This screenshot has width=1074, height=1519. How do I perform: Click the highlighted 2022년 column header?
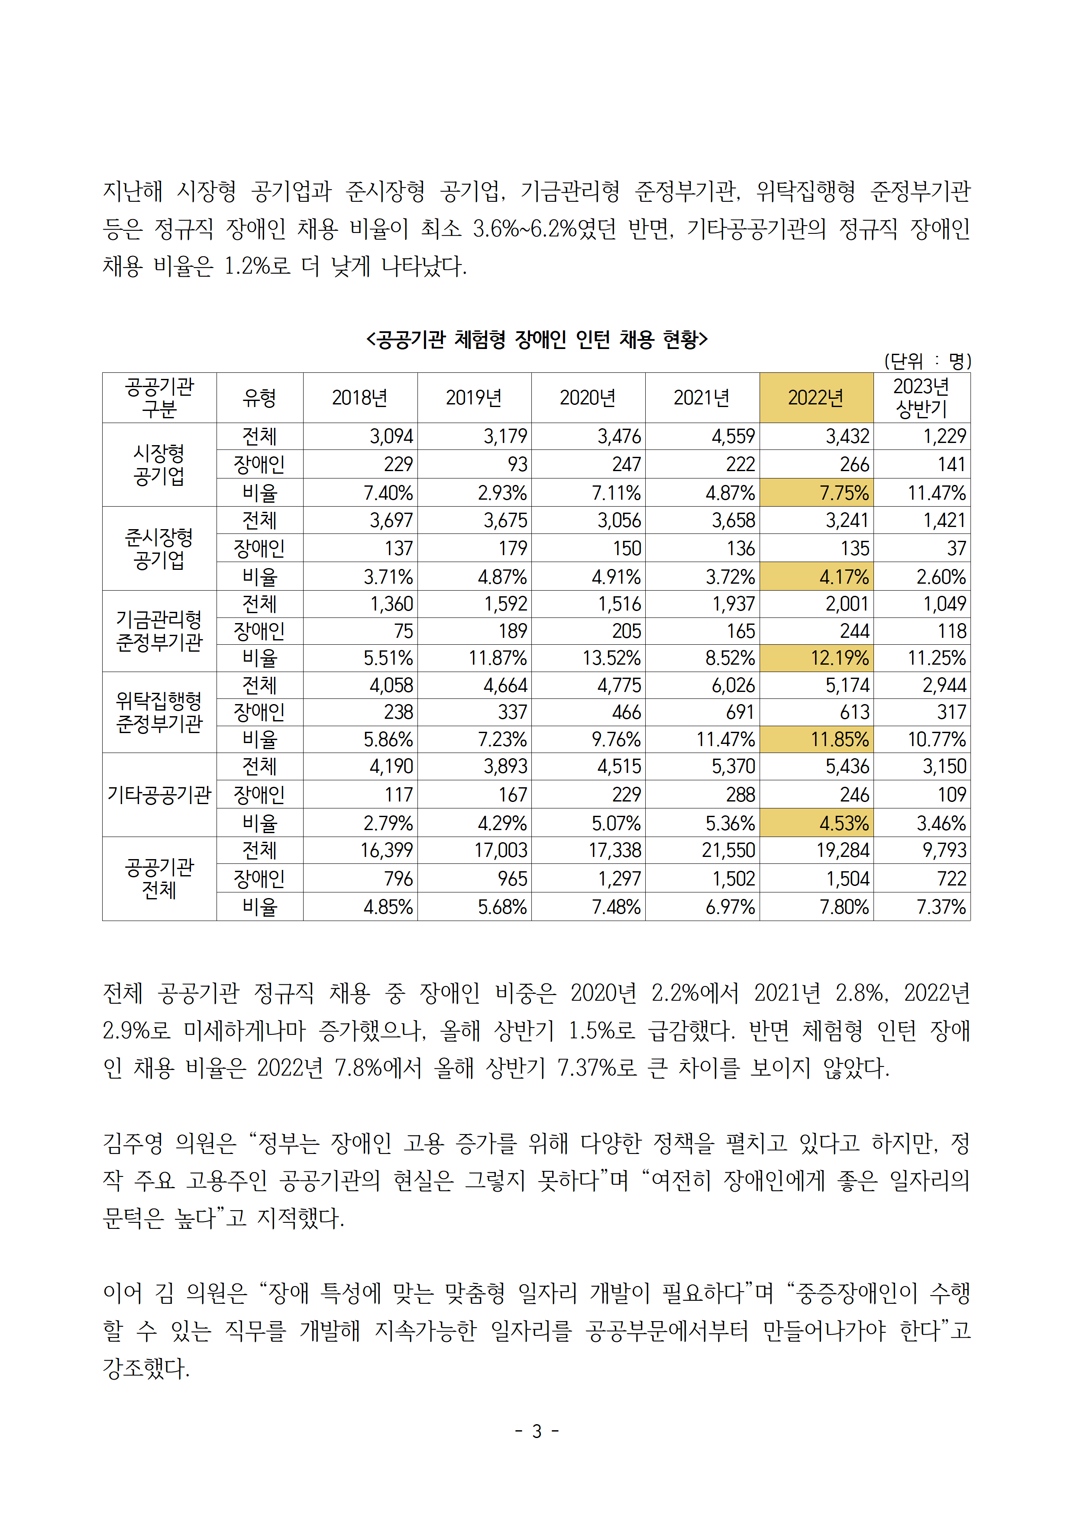coord(816,398)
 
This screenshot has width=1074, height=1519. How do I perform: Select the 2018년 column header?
coord(359,398)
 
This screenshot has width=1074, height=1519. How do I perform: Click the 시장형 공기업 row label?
coord(159,465)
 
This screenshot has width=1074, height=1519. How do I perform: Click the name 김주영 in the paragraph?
coord(133,1143)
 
